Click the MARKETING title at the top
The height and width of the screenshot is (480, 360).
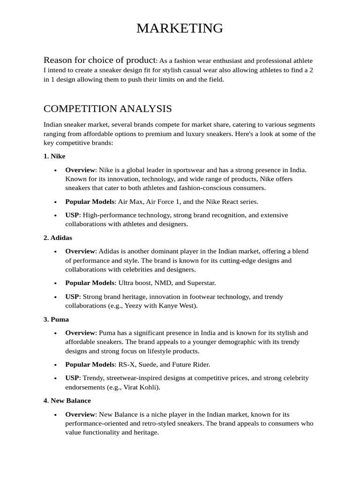tap(180, 28)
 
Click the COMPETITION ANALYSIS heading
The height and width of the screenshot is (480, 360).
tap(107, 109)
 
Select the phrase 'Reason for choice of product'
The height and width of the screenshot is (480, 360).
tap(99, 60)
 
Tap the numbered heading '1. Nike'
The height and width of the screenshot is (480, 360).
tap(54, 156)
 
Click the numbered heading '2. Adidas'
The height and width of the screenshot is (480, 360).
tap(58, 238)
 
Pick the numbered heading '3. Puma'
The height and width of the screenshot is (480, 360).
tap(56, 319)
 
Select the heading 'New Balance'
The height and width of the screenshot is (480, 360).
tap(71, 401)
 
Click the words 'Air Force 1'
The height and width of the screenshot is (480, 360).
tap(164, 202)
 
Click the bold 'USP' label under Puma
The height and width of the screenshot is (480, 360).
tap(72, 378)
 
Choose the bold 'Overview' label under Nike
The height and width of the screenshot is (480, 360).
tap(80, 170)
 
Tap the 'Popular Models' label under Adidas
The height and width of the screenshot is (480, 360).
tap(90, 283)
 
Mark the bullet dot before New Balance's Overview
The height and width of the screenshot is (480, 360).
tap(56, 415)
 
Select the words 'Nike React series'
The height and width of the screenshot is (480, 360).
tap(230, 202)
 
